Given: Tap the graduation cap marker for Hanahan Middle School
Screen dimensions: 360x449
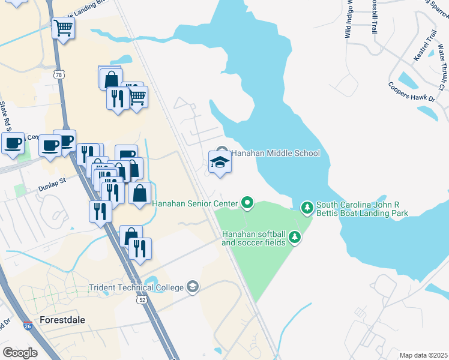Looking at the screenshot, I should pyautogui.click(x=220, y=162).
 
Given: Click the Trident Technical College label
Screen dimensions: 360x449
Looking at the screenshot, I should pyautogui.click(x=136, y=287).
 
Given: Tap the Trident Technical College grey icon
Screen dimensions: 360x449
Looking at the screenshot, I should pyautogui.click(x=192, y=286).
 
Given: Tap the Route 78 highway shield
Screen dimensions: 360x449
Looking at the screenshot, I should pyautogui.click(x=58, y=74).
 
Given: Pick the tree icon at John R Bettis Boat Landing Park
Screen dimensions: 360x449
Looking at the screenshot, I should pyautogui.click(x=307, y=207).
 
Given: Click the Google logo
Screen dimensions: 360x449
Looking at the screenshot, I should pyautogui.click(x=20, y=353).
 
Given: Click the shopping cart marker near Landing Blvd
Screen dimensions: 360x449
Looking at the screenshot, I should pyautogui.click(x=64, y=27).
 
